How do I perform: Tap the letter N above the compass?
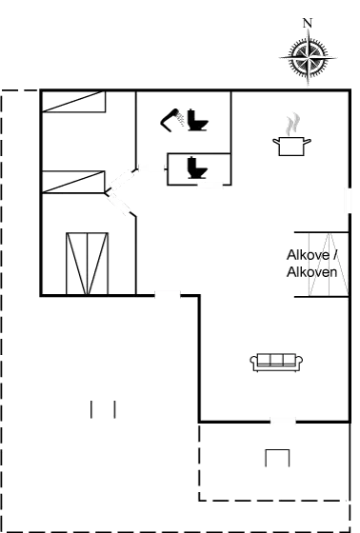[306, 22]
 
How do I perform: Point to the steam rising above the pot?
[292, 124]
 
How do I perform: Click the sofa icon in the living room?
[275, 361]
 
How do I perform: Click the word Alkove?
[308, 255]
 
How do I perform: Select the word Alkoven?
[311, 272]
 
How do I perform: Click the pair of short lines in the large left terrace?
[104, 409]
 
